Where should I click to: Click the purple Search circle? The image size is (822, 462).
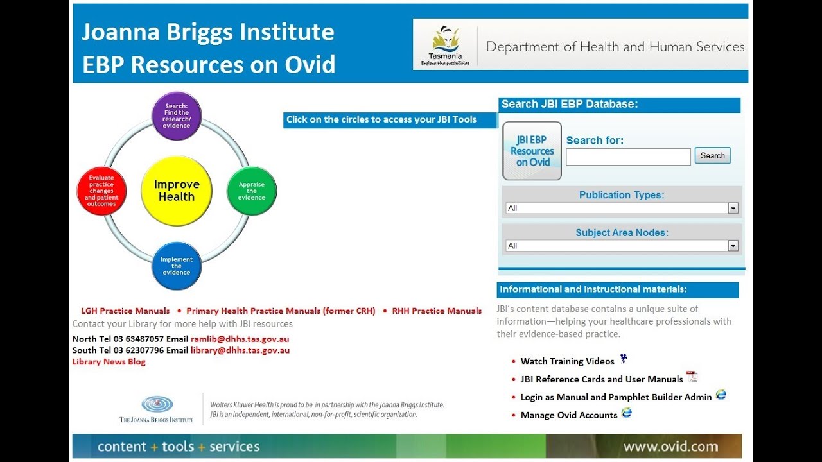coord(177,116)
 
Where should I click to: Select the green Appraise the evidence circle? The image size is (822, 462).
coord(252,191)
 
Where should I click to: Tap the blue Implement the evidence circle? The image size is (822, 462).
coord(177,266)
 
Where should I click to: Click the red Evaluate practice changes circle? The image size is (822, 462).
coord(101,191)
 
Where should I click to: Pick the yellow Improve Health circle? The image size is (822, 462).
coord(177,191)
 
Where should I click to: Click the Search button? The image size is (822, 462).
coord(712,156)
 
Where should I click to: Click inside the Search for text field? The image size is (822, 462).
coord(628,157)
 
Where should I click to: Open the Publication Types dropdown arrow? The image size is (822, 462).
coord(733,208)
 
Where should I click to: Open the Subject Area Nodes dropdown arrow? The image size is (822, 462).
coord(733,246)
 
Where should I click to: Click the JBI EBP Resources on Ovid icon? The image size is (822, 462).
coord(532,151)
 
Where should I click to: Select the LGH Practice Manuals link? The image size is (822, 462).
coord(125,311)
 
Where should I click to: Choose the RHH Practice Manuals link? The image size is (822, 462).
coord(437,311)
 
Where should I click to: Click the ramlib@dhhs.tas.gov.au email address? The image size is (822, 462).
coord(240,339)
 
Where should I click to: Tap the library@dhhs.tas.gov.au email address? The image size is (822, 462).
coord(240,350)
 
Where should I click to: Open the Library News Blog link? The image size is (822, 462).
coord(109,362)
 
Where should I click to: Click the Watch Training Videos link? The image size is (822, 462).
coord(567,361)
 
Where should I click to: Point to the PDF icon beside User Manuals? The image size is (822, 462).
coord(692,377)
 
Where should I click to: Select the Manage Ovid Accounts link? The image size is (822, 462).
coord(568,415)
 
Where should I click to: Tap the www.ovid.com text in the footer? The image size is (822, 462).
coord(670,447)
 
